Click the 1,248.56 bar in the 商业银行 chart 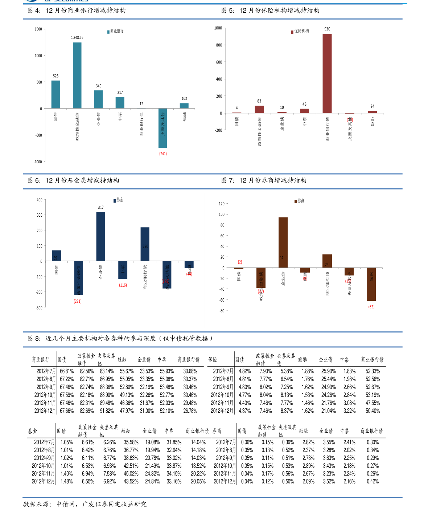[x=77, y=75]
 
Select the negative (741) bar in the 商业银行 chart [x=163, y=128]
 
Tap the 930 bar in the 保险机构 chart [x=327, y=73]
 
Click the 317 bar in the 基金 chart [x=100, y=237]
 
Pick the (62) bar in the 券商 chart [x=371, y=284]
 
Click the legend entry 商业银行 [x=115, y=31]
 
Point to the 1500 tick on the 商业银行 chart [x=38, y=29]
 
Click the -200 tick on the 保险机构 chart [x=218, y=130]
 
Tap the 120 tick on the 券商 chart [x=222, y=204]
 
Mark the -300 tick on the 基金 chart [x=39, y=307]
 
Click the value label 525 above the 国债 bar [x=55, y=76]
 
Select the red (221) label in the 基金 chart [x=78, y=301]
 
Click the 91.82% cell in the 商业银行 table [x=107, y=411]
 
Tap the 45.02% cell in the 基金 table [x=131, y=474]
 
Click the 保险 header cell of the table [x=213, y=360]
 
